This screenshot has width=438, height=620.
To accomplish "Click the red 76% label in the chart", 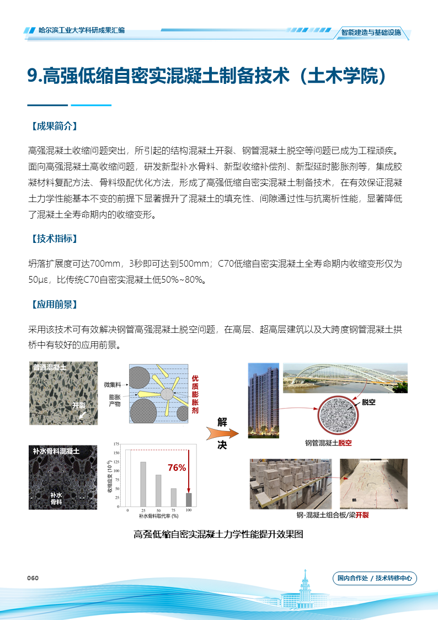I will (177, 468).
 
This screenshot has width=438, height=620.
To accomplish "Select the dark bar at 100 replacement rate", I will (189, 499).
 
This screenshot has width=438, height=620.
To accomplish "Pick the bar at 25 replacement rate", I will (143, 484).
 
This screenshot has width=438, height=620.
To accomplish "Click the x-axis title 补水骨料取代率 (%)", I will (158, 516).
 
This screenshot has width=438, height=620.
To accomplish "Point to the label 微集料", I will (112, 384).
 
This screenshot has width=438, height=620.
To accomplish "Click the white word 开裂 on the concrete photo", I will (79, 405).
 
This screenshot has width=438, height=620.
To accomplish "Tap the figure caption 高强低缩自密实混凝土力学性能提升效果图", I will (218, 534).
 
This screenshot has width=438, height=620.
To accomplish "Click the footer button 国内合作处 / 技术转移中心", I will (375, 579).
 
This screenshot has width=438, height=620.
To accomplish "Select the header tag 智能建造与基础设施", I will (371, 32).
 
